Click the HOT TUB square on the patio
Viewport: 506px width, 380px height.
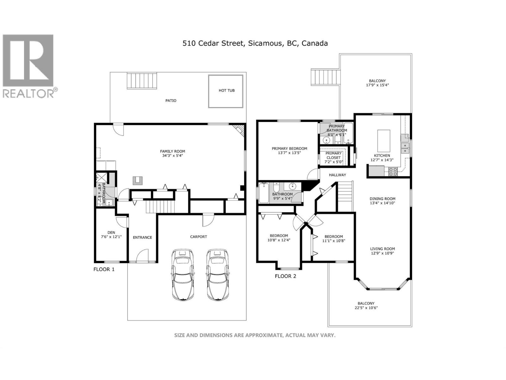[x=226, y=91]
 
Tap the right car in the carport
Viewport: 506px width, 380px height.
[x=218, y=275]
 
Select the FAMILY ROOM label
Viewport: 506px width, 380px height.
[x=172, y=151]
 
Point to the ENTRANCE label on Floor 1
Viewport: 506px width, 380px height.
[x=142, y=237]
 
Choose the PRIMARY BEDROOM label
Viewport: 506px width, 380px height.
[x=289, y=149]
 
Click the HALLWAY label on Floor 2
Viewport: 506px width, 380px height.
[x=337, y=175]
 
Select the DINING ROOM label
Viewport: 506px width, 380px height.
[x=382, y=199]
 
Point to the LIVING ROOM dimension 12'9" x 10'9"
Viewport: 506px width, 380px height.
[x=383, y=253]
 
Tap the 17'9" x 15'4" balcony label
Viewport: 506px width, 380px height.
[x=377, y=85]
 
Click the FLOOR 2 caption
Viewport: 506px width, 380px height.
[x=285, y=276]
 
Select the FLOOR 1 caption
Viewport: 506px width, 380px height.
[x=104, y=269]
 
